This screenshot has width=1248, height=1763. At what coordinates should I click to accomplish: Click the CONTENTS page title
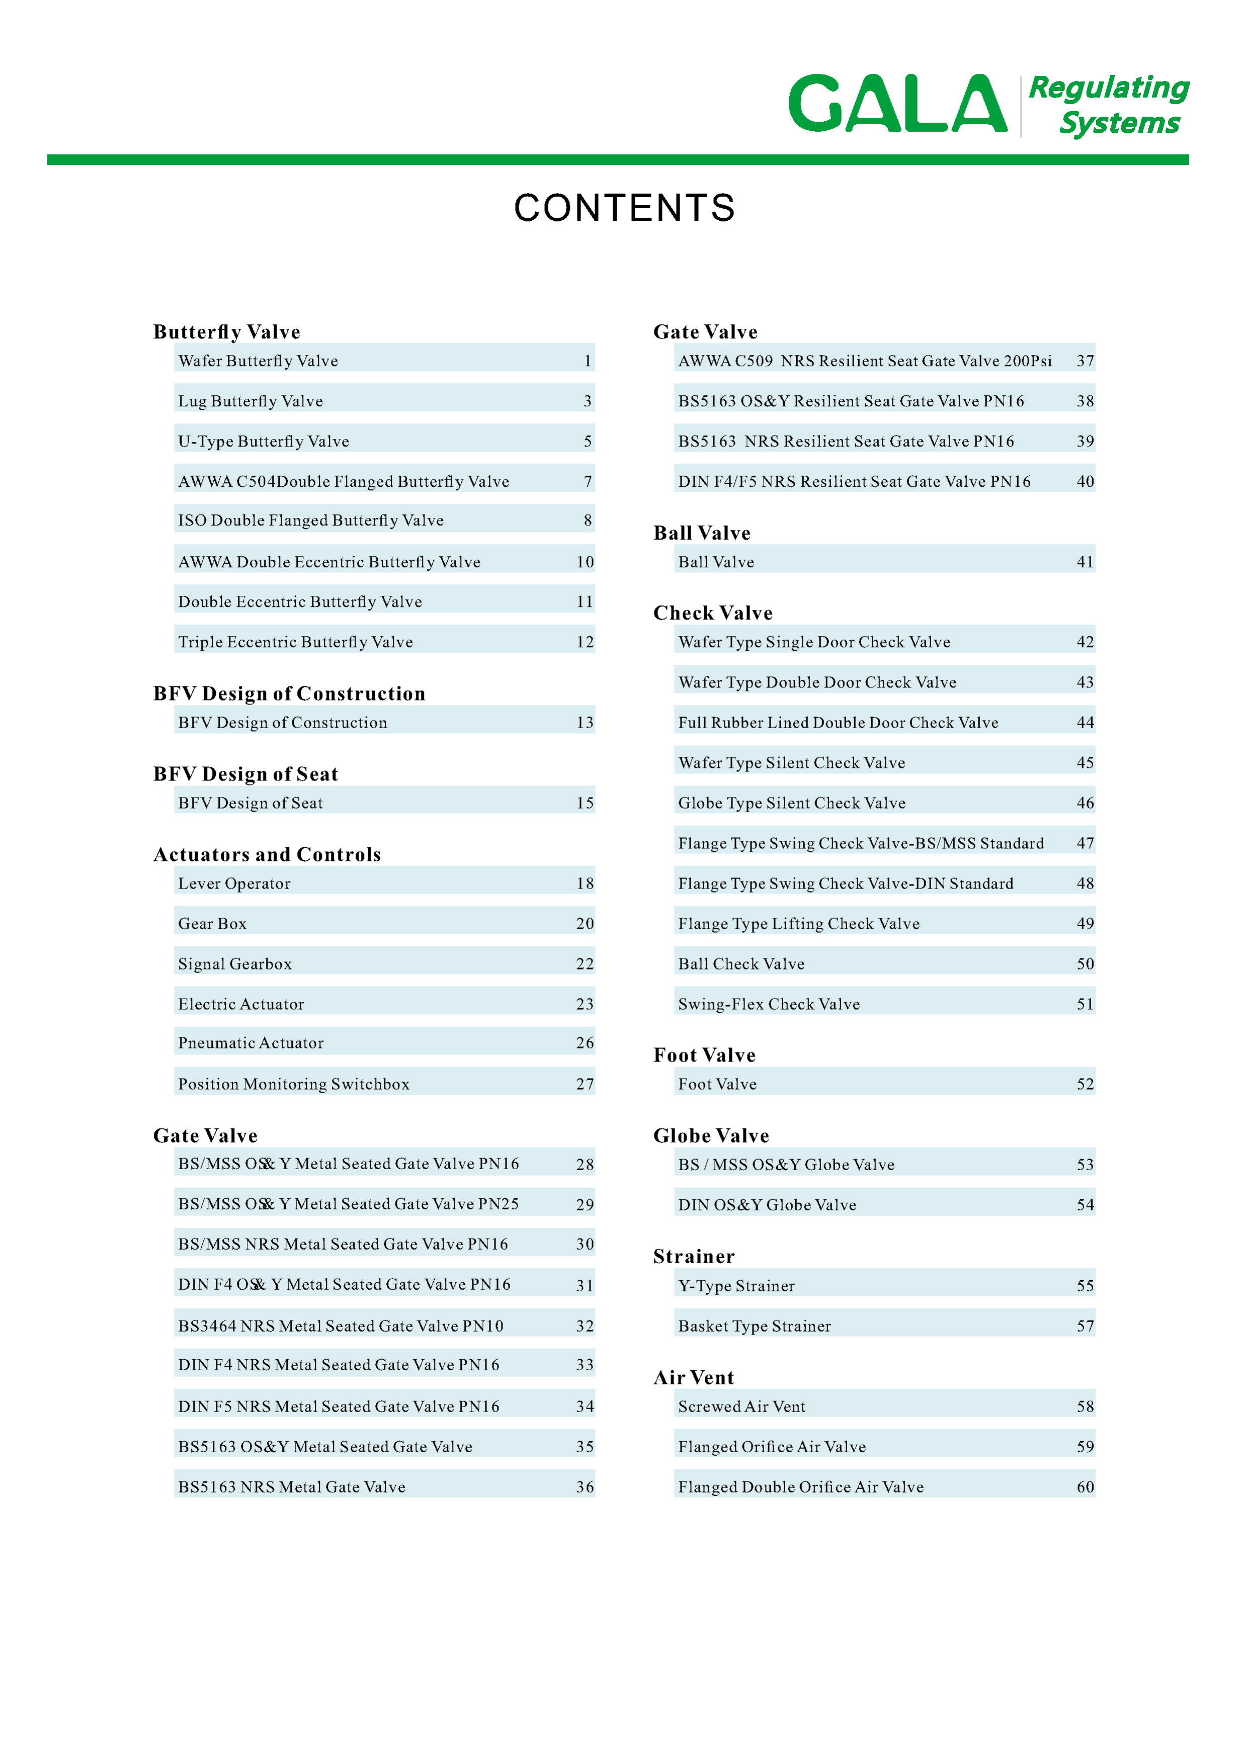pyautogui.click(x=624, y=208)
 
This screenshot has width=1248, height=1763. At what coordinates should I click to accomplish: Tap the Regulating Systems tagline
pyautogui.click(x=1109, y=105)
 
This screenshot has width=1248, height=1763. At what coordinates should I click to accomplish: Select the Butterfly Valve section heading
pyautogui.click(x=227, y=332)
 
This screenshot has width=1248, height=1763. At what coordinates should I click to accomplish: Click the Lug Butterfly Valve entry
pyautogui.click(x=251, y=401)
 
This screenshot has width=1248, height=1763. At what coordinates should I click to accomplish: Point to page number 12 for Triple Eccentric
pyautogui.click(x=585, y=642)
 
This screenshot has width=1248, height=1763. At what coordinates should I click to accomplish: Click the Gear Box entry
pyautogui.click(x=212, y=923)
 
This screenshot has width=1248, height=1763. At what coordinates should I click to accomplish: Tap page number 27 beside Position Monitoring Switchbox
pyautogui.click(x=585, y=1084)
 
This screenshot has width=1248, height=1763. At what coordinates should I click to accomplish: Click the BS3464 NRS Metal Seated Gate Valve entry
pyautogui.click(x=341, y=1326)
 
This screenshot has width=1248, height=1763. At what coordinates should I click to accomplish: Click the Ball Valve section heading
pyautogui.click(x=702, y=533)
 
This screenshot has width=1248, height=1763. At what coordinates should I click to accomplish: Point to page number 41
pyautogui.click(x=1085, y=562)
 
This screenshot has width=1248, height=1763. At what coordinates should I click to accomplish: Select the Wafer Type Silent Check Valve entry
pyautogui.click(x=792, y=763)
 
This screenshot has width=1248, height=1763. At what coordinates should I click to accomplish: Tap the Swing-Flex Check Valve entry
pyautogui.click(x=769, y=1004)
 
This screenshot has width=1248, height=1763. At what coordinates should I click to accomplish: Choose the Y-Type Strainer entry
pyautogui.click(x=736, y=1285)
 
